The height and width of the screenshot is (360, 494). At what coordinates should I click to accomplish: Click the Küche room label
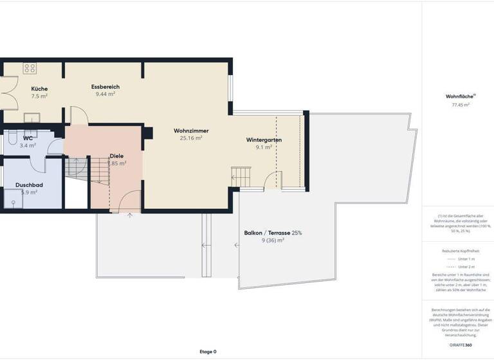coord(39,89)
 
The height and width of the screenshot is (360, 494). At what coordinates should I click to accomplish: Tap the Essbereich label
coord(105,87)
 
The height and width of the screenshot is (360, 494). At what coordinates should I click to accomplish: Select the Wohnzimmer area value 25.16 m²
coord(191,138)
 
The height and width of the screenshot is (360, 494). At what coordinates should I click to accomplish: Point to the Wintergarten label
coord(264,139)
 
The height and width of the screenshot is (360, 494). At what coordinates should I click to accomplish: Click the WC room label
coord(28,138)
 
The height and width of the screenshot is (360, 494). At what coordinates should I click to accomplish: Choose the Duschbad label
coord(30,185)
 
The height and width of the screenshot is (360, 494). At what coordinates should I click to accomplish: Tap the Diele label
coord(116,156)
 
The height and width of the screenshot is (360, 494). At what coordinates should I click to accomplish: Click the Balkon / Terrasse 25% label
coord(273,233)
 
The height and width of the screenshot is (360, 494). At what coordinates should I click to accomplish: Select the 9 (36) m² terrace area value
coord(273,240)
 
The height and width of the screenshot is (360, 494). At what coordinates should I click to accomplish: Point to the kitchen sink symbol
coord(32,117)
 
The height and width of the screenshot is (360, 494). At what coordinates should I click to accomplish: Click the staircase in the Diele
coord(77,170)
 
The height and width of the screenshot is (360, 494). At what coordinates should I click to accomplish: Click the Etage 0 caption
coord(208,352)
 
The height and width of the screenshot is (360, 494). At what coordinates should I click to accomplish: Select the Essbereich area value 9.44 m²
coord(105,94)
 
